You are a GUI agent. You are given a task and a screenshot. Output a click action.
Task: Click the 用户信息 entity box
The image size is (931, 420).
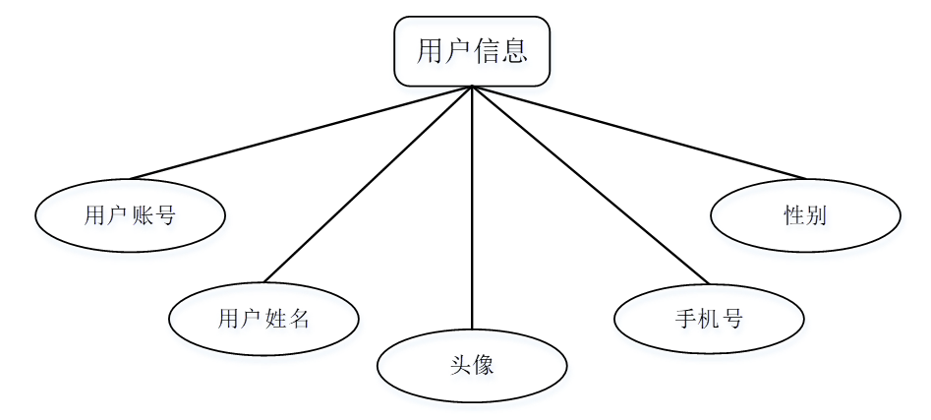[472, 51]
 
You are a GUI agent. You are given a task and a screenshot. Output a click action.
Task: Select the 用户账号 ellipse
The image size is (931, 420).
[130, 214]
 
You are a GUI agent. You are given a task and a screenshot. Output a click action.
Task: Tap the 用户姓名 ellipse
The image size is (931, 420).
[263, 318]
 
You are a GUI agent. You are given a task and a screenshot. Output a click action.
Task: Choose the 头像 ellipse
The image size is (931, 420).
[472, 366]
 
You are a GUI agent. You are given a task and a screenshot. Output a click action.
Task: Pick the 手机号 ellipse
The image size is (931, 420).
[708, 318]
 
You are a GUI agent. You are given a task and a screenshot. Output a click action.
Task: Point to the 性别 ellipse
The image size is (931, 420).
[804, 214]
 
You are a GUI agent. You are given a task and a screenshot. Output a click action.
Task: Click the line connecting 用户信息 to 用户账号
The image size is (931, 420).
[300, 133]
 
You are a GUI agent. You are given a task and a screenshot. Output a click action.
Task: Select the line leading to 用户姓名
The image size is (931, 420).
[369, 183]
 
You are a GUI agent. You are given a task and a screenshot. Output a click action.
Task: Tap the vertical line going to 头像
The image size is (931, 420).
[472, 207]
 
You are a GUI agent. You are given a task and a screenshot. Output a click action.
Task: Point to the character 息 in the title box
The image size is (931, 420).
[514, 51]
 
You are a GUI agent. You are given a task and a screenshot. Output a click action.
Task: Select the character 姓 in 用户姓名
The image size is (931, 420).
[275, 318]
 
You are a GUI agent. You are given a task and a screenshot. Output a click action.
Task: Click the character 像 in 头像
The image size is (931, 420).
[483, 366]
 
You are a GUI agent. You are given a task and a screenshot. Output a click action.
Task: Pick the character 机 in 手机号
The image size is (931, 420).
[708, 318]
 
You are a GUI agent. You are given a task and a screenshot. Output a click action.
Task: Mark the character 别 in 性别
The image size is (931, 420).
[815, 214]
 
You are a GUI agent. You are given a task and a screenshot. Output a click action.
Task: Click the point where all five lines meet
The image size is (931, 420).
[472, 87]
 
